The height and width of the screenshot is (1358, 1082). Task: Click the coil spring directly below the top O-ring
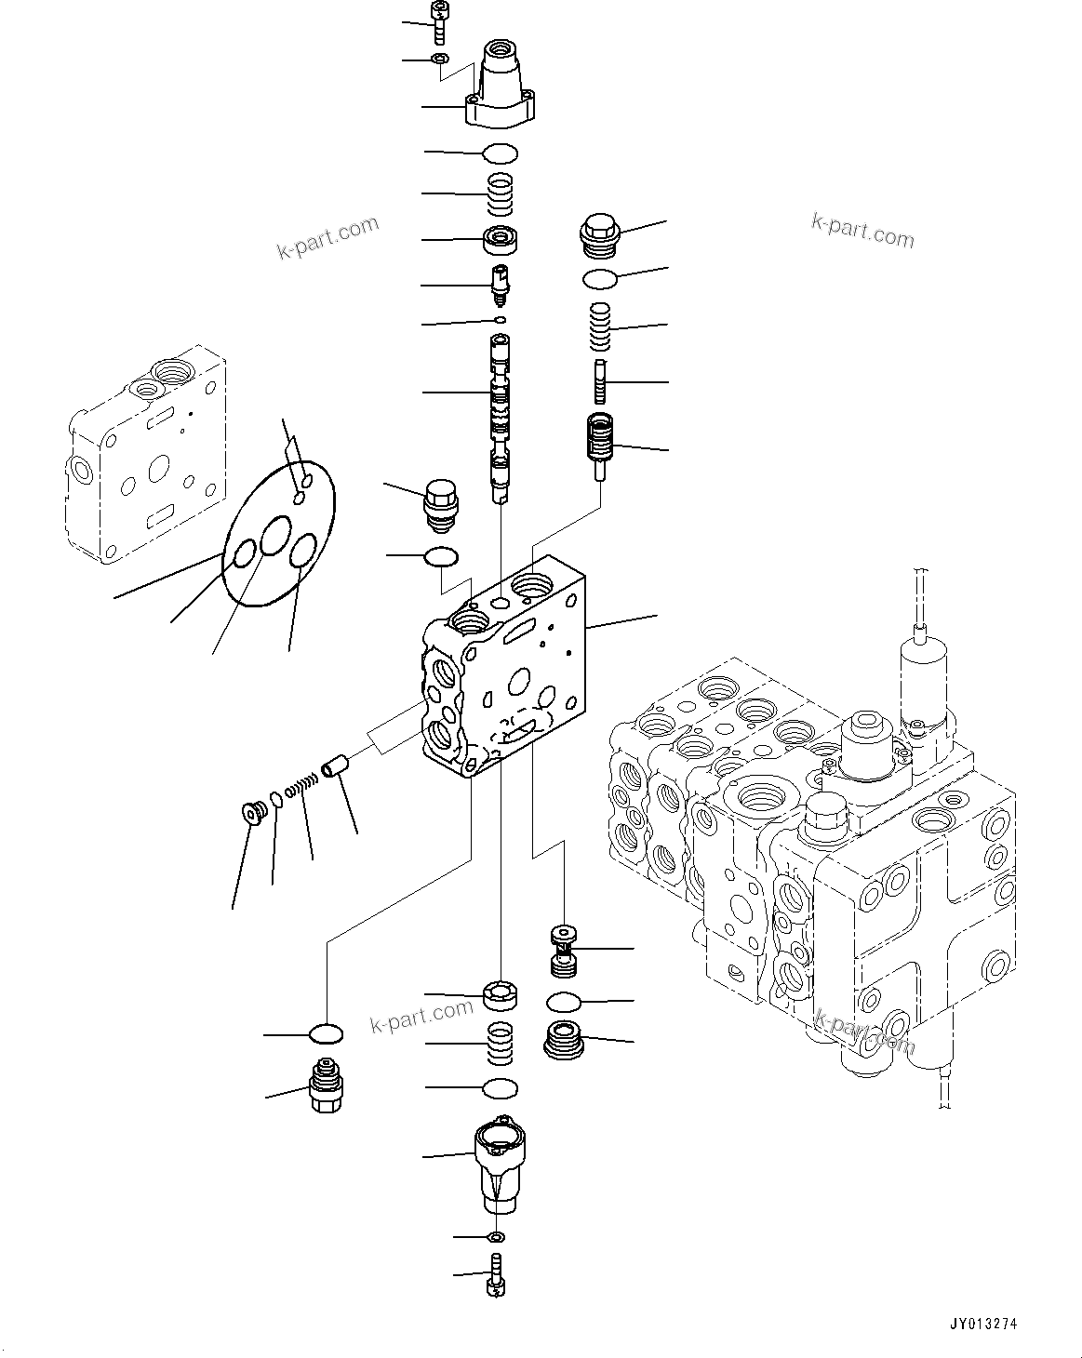click(x=501, y=193)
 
